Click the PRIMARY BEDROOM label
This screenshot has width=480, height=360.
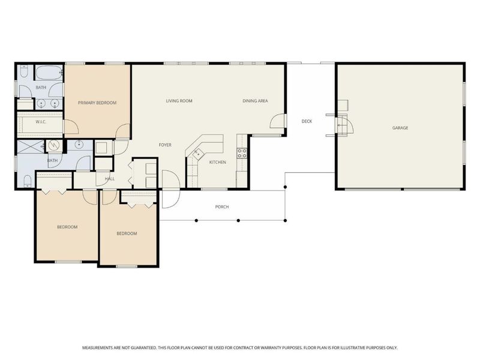click(x=97, y=103)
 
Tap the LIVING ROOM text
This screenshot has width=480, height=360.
click(x=179, y=101)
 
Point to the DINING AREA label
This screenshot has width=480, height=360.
click(x=255, y=101)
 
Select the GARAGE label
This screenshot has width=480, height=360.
click(x=400, y=128)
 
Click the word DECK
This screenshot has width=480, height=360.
click(x=307, y=121)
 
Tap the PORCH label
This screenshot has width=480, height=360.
click(x=222, y=206)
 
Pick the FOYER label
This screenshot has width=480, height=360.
click(x=165, y=145)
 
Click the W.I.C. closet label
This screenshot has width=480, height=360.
click(x=41, y=122)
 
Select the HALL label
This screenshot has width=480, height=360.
click(x=110, y=178)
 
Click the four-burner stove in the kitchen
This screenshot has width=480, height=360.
click(x=242, y=153)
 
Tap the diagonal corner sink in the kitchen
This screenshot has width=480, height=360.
click(x=197, y=153)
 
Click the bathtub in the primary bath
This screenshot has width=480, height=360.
click(x=49, y=73)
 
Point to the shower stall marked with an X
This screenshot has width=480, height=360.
click(x=31, y=146)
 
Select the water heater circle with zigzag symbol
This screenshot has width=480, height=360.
click(x=53, y=146)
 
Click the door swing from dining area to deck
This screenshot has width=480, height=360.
click(x=277, y=121)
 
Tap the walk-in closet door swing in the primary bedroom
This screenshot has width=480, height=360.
click(x=71, y=127)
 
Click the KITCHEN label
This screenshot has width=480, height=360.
click(x=217, y=162)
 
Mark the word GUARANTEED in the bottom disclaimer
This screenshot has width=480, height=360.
click(x=143, y=348)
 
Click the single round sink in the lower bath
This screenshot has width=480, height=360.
click(x=79, y=144)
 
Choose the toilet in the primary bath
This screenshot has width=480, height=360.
click(x=24, y=71)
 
